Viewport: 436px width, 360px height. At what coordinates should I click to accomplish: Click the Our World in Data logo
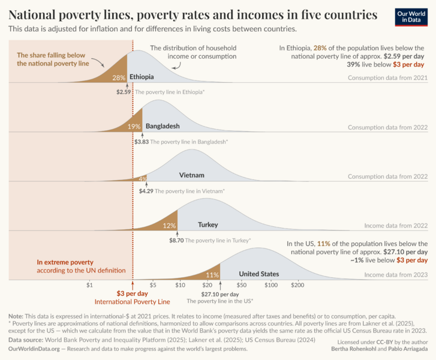pyautogui.click(x=411, y=16)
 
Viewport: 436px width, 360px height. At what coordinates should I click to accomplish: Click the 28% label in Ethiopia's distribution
pyautogui.click(x=119, y=77)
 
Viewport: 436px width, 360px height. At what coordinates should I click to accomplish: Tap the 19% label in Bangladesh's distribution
pyautogui.click(x=134, y=127)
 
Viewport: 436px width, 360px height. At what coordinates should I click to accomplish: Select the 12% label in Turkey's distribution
pyautogui.click(x=169, y=226)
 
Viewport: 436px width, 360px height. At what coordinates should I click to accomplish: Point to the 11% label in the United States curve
pyautogui.click(x=212, y=275)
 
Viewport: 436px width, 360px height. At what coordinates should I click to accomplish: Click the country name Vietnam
pyautogui.click(x=192, y=175)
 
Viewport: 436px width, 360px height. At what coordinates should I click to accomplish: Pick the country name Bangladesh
pyautogui.click(x=163, y=127)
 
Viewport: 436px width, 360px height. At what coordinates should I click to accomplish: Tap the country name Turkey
pyautogui.click(x=208, y=225)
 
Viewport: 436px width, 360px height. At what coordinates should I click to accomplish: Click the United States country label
pyautogui.click(x=259, y=274)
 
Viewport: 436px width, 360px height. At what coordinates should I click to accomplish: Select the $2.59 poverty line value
pyautogui.click(x=124, y=92)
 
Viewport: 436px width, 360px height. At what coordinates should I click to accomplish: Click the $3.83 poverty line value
pyautogui.click(x=141, y=142)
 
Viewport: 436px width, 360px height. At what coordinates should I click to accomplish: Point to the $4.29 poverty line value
pyautogui.click(x=146, y=191)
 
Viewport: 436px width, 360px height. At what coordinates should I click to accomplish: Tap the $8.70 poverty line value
pyautogui.click(x=176, y=240)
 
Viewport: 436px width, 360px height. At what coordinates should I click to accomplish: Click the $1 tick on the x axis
pyautogui.click(x=89, y=285)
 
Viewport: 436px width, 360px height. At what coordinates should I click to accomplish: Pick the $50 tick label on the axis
pyautogui.click(x=241, y=285)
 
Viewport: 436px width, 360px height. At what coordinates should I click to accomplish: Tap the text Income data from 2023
pyautogui.click(x=396, y=275)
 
